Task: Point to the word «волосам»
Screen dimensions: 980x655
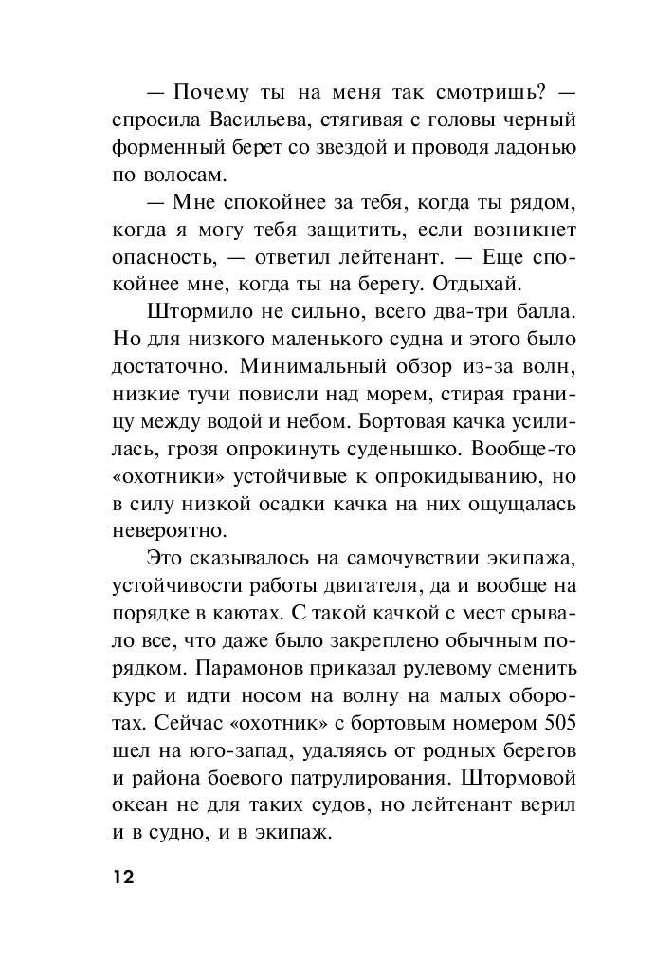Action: pos(188,176)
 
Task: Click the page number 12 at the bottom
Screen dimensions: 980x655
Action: pos(124,876)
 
